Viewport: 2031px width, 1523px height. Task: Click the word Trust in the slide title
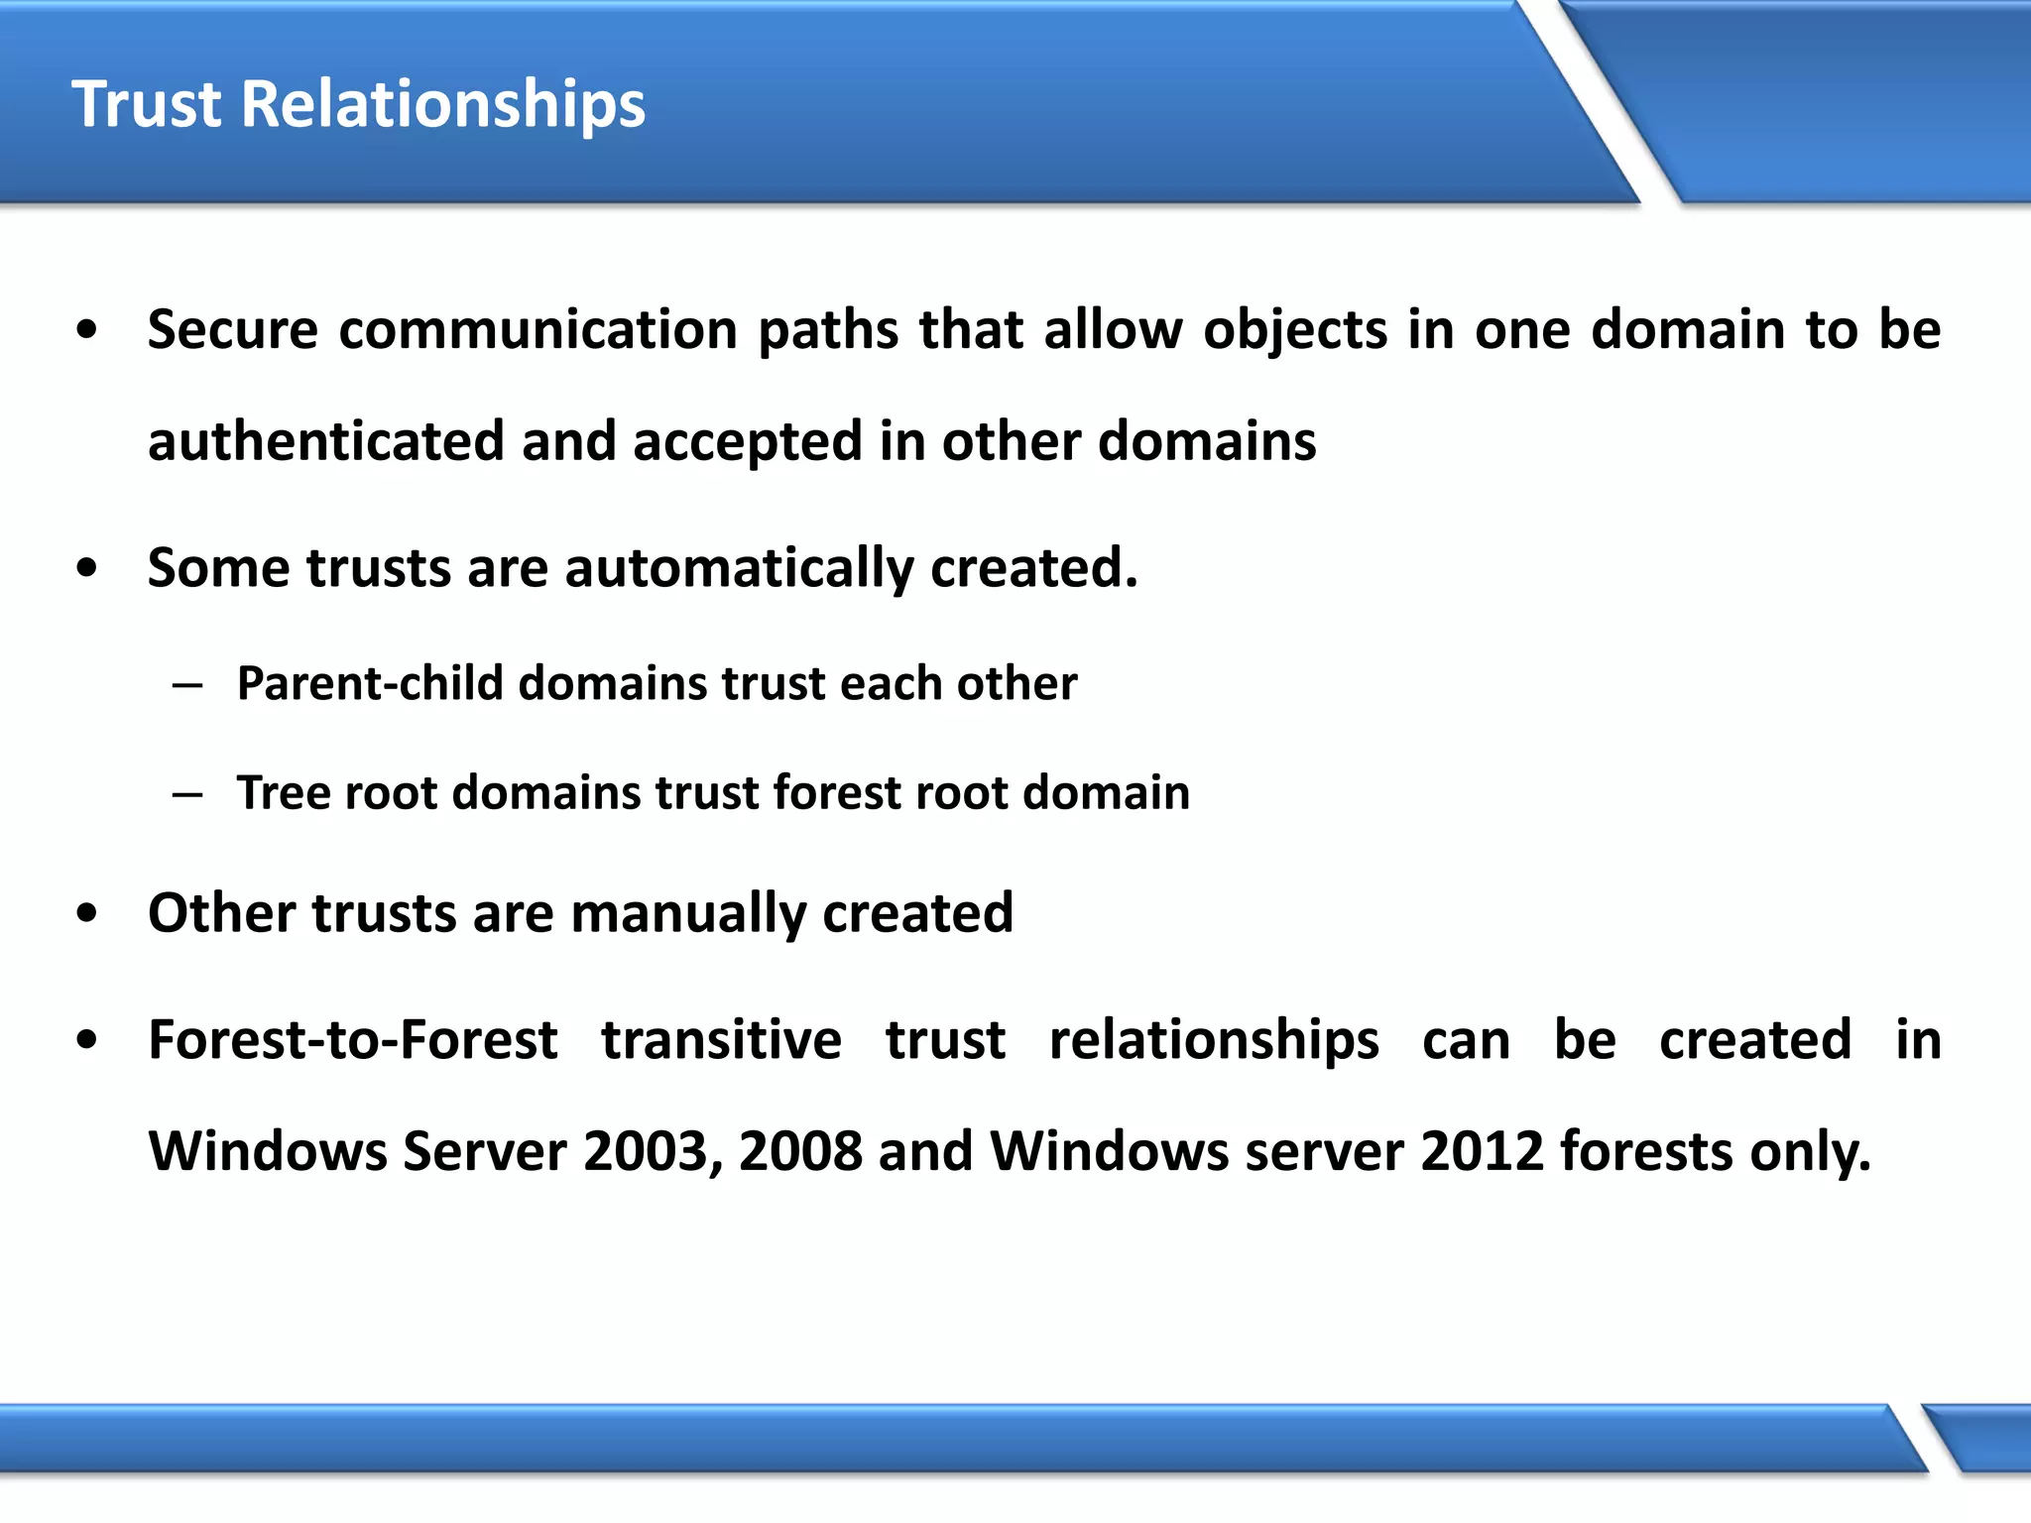pyautogui.click(x=147, y=104)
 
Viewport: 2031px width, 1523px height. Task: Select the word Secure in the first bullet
pyautogui.click(x=233, y=329)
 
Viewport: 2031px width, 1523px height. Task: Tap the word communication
pyautogui.click(x=538, y=329)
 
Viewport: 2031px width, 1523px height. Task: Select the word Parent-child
pyautogui.click(x=370, y=683)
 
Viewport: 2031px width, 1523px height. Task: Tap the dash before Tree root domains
pyautogui.click(x=187, y=794)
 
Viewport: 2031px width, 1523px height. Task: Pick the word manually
pyautogui.click(x=688, y=913)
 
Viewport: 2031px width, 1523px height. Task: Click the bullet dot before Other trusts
pyautogui.click(x=87, y=914)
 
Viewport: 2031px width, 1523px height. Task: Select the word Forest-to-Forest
pyautogui.click(x=353, y=1040)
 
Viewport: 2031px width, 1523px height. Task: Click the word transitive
pyautogui.click(x=721, y=1040)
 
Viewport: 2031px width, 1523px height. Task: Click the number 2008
pyautogui.click(x=800, y=1151)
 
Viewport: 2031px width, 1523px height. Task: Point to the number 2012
pyautogui.click(x=1482, y=1151)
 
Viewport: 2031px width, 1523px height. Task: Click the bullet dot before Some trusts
pyautogui.click(x=87, y=569)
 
